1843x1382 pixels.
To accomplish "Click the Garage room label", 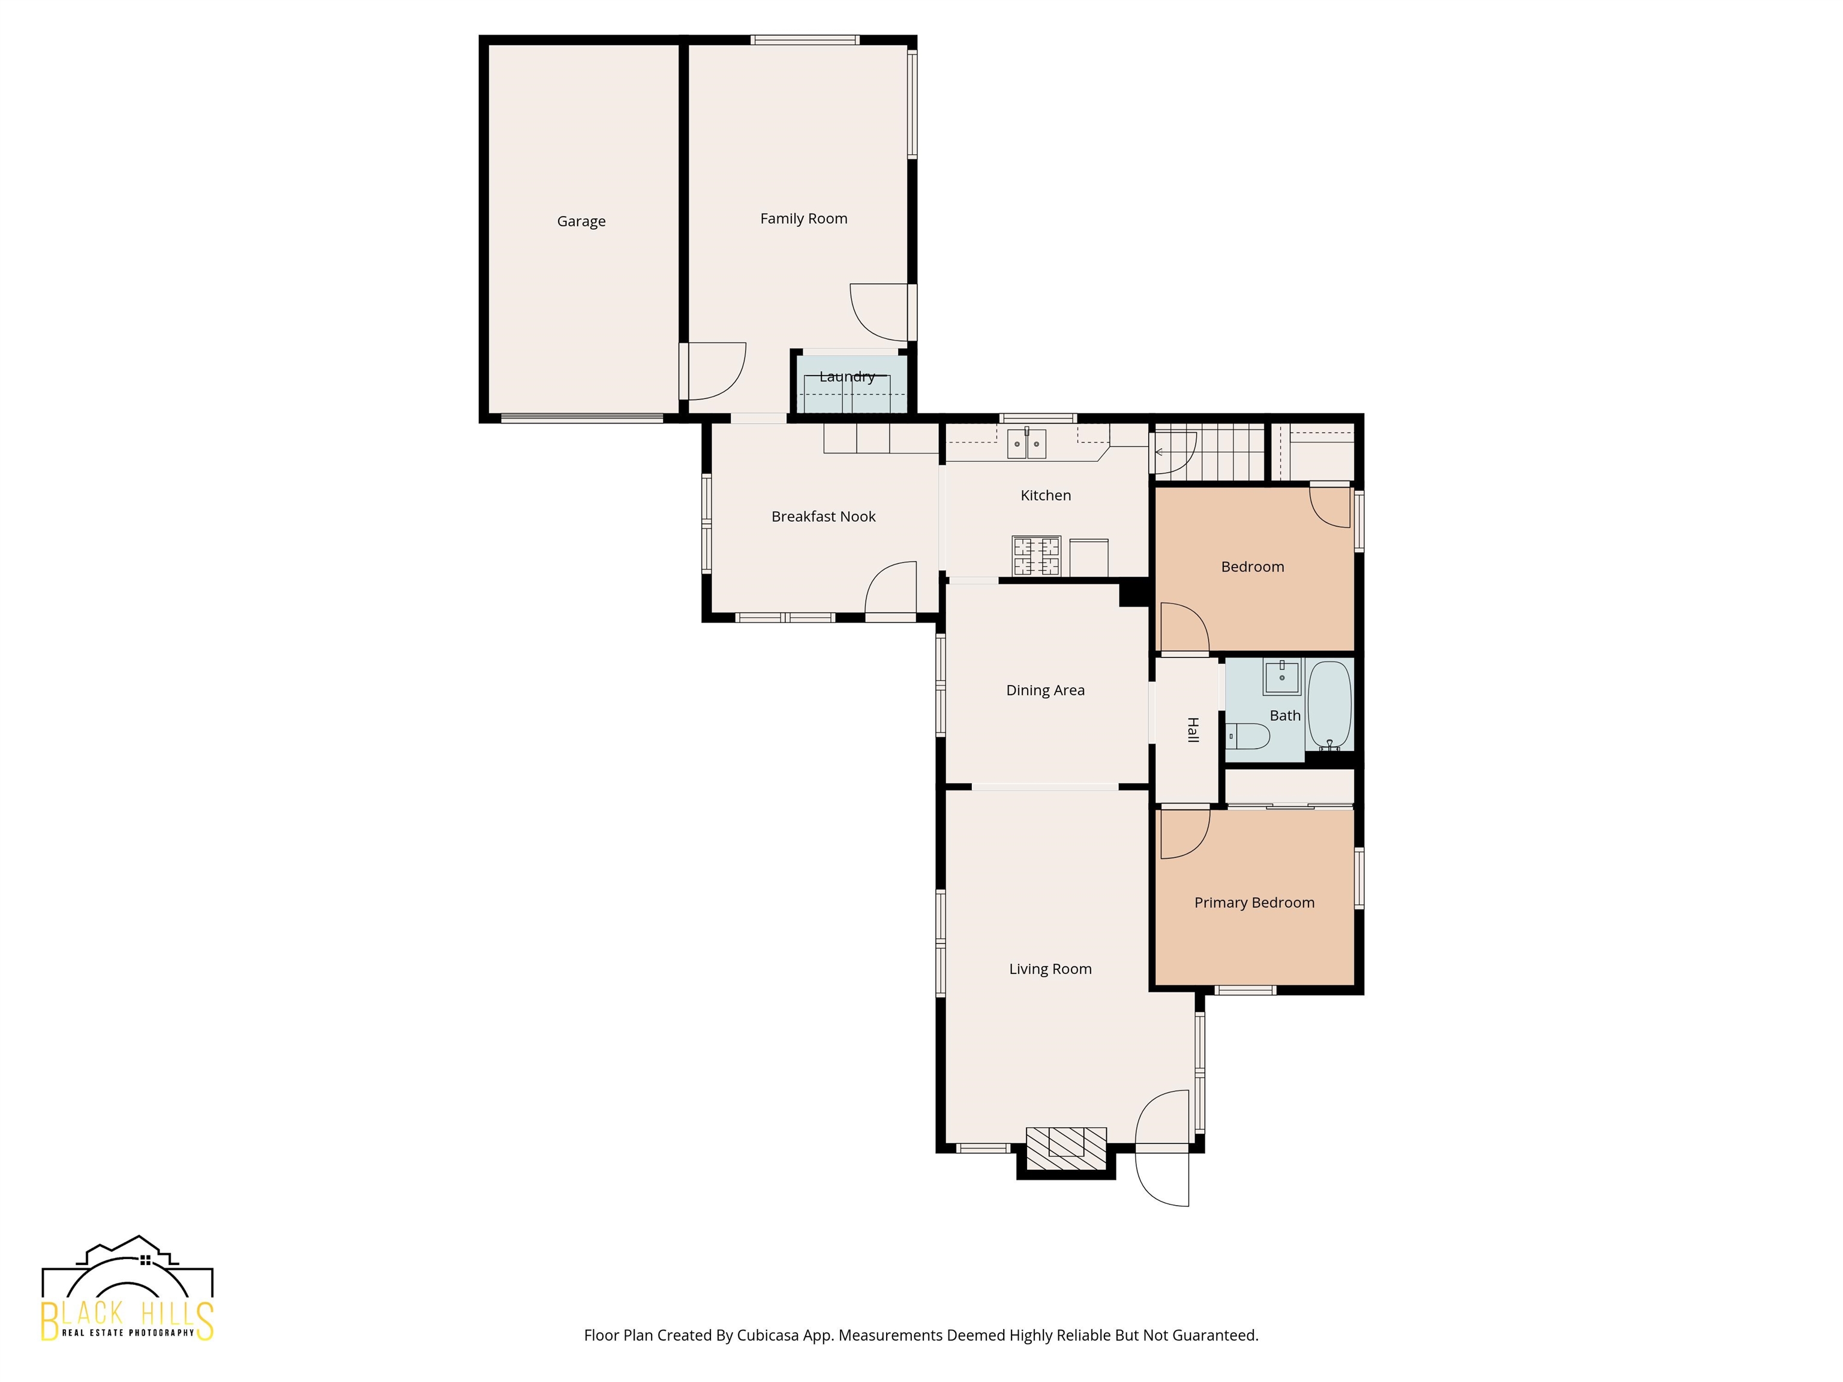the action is tap(581, 221).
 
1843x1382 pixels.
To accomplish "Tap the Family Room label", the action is tap(803, 218).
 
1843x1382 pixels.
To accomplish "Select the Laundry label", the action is tap(847, 377).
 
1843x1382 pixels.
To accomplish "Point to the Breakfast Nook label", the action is tap(823, 516).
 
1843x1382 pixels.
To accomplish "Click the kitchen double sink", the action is tap(1026, 443).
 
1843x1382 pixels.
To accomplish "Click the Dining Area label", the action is tap(1045, 690).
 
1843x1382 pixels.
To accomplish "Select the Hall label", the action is tap(1192, 730).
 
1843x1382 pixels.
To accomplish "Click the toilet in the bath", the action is tap(1248, 737).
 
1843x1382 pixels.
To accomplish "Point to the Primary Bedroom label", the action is tap(1254, 903).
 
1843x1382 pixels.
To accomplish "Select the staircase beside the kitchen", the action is tap(1208, 452).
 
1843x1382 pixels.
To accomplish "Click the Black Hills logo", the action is tap(127, 1288).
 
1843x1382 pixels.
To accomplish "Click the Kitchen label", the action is tap(1046, 495).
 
